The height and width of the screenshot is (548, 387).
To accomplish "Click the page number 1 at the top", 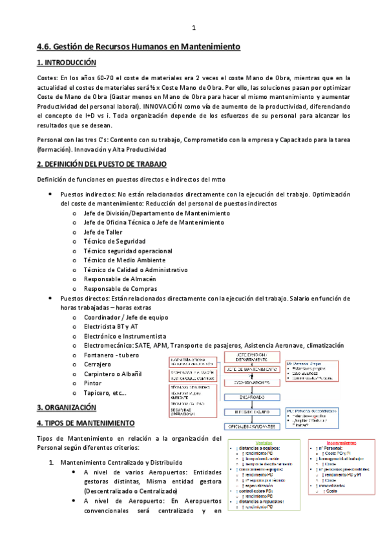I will [194, 28].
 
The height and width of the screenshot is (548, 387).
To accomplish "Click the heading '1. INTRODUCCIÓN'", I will [66, 63].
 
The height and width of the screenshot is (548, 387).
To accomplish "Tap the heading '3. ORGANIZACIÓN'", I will [67, 408].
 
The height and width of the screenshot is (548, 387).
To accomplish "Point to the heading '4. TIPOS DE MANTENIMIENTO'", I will [86, 423].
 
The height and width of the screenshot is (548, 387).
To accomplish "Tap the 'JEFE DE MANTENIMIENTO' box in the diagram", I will [253, 368].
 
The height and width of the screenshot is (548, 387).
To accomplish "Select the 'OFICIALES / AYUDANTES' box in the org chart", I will [253, 427].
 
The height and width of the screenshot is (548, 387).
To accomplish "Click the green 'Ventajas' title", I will [263, 443].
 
